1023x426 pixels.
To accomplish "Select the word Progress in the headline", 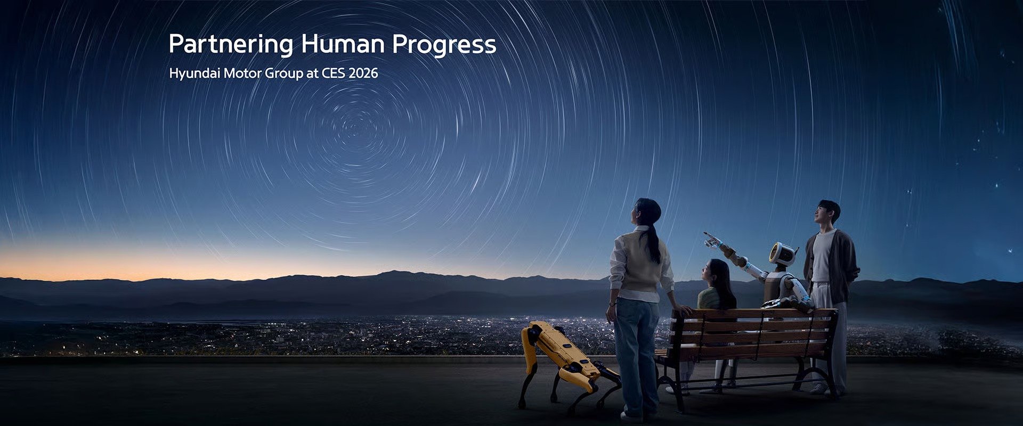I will [444, 45].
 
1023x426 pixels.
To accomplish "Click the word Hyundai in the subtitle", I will [194, 73].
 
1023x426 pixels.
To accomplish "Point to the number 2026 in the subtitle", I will [363, 73].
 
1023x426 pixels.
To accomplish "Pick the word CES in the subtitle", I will [333, 73].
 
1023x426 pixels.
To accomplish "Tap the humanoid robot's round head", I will [783, 254].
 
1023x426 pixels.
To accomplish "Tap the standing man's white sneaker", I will [818, 388].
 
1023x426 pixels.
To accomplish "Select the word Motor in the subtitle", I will [242, 73].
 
